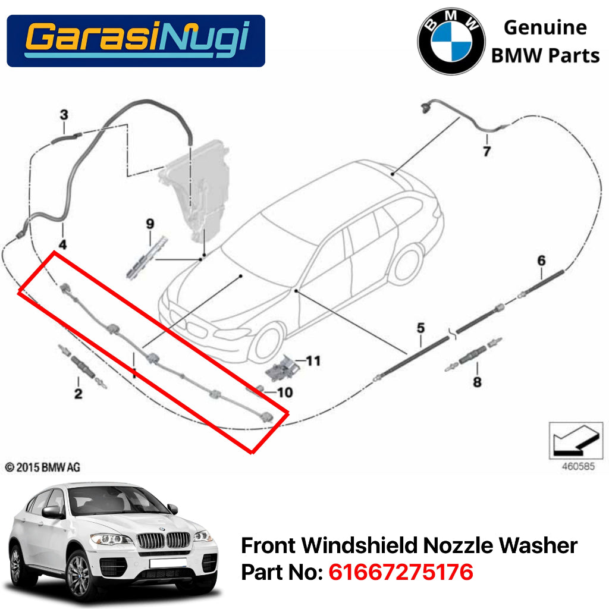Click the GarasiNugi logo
(x=136, y=40)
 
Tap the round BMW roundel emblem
(x=451, y=42)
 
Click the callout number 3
(x=64, y=114)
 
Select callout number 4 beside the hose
(x=62, y=244)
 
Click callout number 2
(x=78, y=393)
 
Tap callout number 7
(x=486, y=152)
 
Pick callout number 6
(x=541, y=260)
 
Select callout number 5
(x=420, y=328)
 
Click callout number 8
(x=477, y=382)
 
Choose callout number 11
(x=313, y=360)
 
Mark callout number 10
(x=285, y=393)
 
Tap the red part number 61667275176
(x=401, y=572)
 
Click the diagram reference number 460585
(x=577, y=467)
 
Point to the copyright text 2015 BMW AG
(x=43, y=467)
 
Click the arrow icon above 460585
(x=571, y=441)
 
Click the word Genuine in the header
(x=545, y=27)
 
